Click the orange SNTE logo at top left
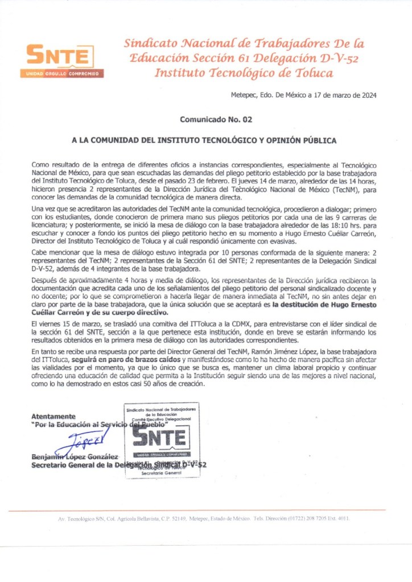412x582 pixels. pos(56,57)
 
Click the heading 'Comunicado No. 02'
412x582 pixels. pos(215,120)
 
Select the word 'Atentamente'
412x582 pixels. pos(53,416)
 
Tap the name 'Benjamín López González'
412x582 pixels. pos(75,457)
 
